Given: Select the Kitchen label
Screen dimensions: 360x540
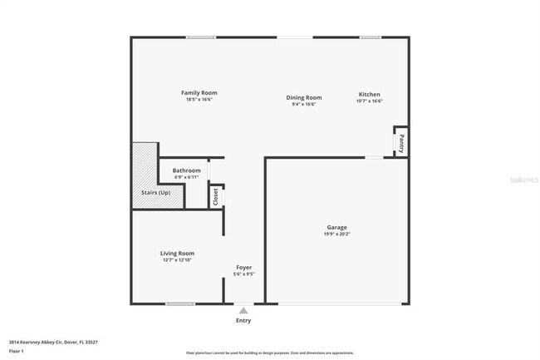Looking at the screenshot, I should pos(370,93).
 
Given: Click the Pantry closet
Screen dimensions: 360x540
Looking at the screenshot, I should pos(401,142).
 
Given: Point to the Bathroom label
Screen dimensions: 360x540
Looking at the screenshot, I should pos(187,170).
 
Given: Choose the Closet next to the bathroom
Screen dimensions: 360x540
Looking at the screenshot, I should pos(216,196).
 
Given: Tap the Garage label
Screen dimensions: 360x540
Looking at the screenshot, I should pos(336,227).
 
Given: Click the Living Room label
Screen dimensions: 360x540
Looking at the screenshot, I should pos(177,253).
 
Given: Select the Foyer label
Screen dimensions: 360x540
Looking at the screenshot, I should pos(243,267).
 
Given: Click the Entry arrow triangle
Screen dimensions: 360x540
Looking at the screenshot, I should pos(243,309).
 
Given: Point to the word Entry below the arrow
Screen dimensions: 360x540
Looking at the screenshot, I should pos(243,320).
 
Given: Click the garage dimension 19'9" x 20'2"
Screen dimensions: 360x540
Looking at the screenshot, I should pos(336,234).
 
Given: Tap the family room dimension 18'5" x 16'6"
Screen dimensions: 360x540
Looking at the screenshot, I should pos(199,100).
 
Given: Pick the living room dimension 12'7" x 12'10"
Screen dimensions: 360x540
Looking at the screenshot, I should pos(177,260).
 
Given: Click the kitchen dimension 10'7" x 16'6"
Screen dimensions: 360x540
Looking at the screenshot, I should pos(370,101).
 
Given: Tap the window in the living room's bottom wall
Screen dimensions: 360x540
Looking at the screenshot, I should pos(180,303).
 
